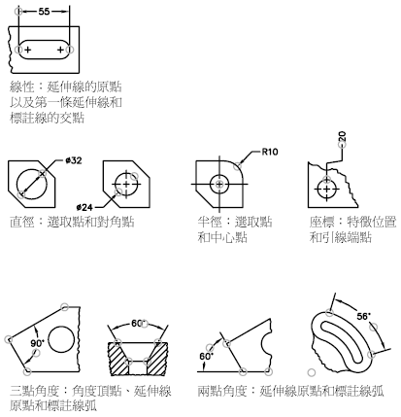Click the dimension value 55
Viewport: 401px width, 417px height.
tap(44, 12)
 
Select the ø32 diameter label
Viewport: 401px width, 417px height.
tap(74, 160)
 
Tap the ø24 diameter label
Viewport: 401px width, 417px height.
tap(84, 207)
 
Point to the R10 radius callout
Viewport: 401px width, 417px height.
tap(270, 152)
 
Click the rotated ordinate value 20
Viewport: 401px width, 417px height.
tap(343, 136)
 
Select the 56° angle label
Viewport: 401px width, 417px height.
tap(364, 316)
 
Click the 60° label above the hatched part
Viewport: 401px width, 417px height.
tap(138, 324)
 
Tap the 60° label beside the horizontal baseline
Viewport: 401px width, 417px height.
tap(206, 357)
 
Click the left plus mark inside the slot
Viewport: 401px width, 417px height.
tap(28, 50)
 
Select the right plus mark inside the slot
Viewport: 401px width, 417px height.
tap(60, 50)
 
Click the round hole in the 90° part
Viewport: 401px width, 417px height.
tap(61, 340)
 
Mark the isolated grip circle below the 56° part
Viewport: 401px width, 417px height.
tap(312, 372)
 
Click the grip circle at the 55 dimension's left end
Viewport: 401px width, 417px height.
tap(18, 12)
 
